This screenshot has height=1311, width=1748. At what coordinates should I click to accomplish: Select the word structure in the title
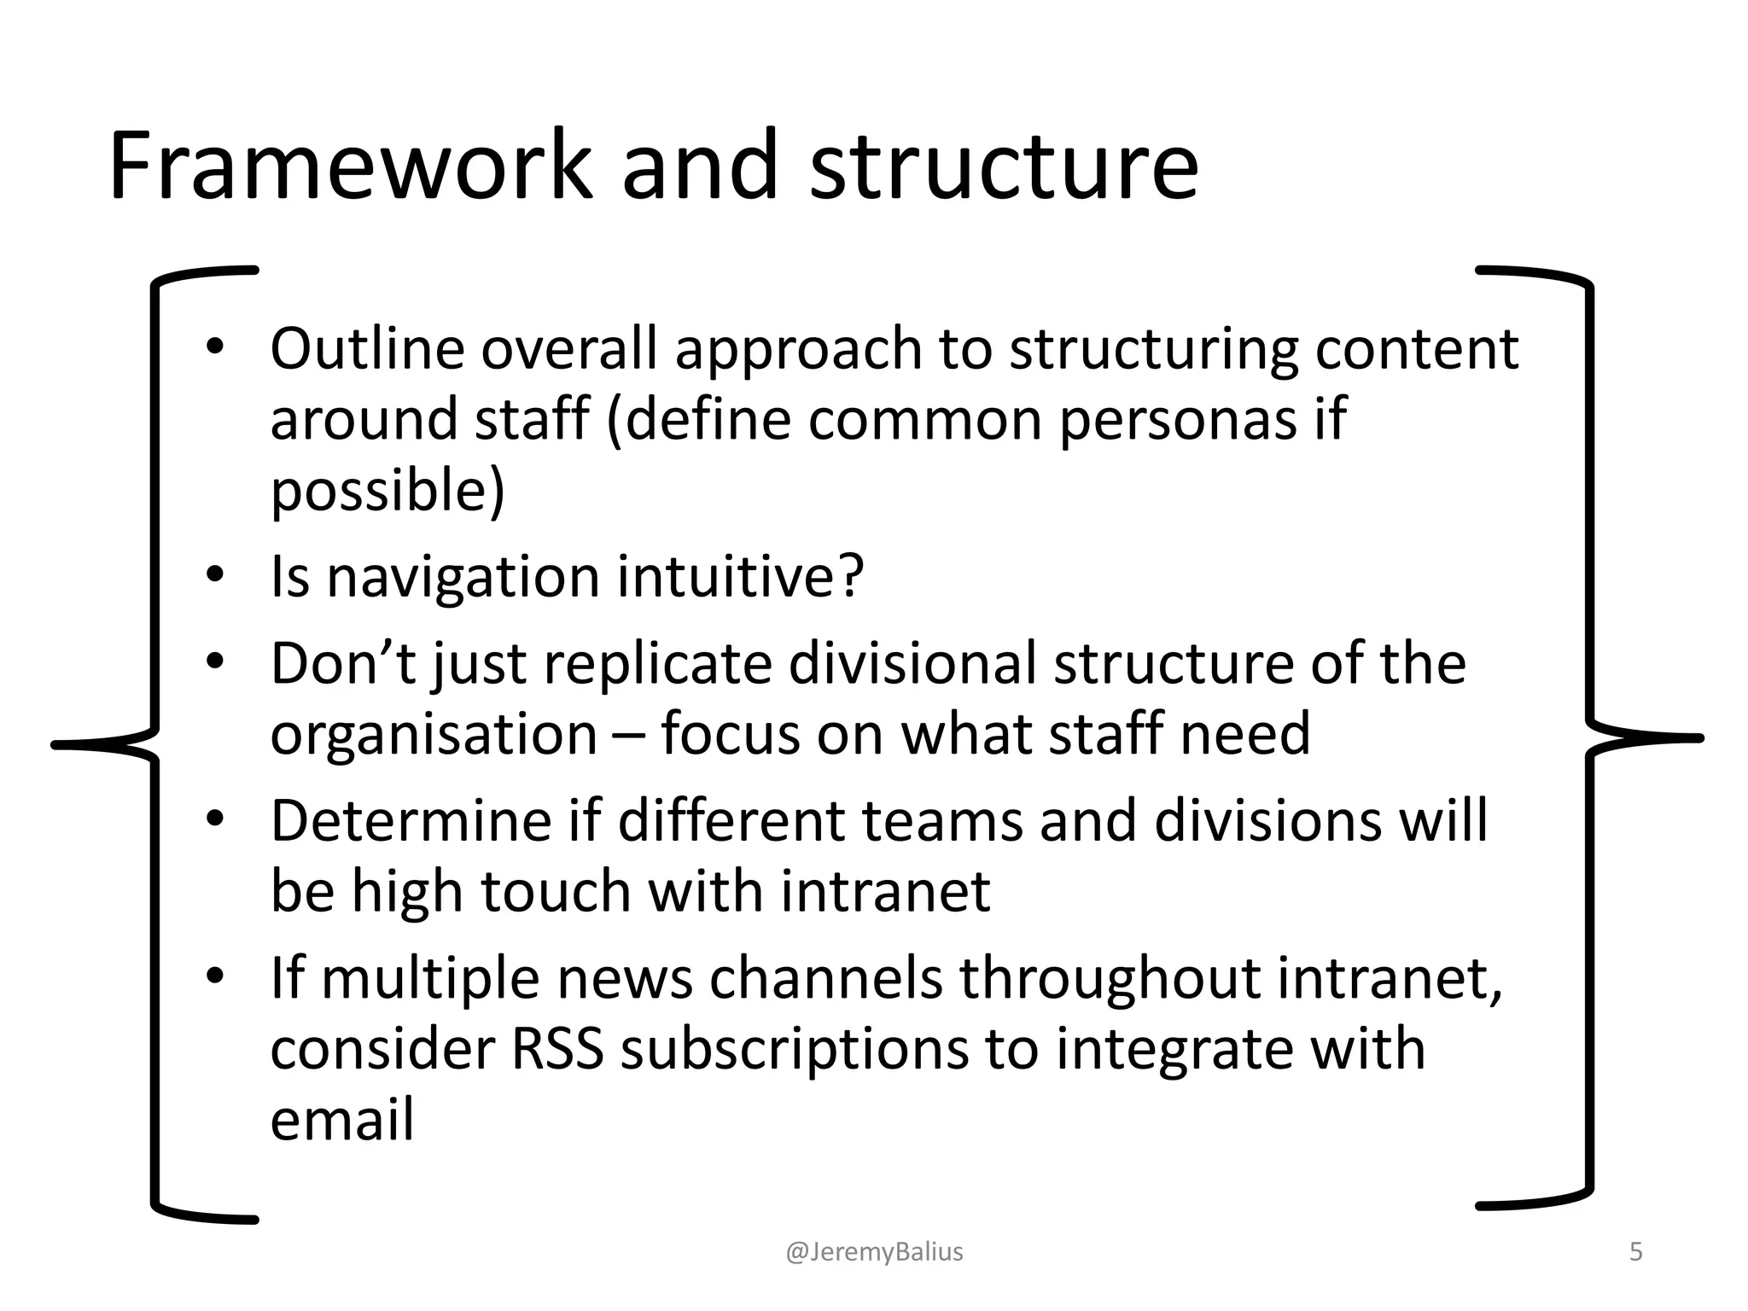(x=1004, y=166)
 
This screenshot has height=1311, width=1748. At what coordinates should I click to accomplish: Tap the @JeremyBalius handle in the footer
(x=874, y=1252)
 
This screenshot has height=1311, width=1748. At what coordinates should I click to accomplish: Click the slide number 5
(x=1635, y=1252)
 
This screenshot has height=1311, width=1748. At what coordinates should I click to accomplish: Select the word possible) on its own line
(x=387, y=492)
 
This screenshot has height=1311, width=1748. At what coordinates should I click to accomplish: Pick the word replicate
(x=656, y=663)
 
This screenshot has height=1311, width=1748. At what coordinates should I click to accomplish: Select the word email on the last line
(x=341, y=1120)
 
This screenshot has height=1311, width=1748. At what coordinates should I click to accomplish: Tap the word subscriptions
(x=795, y=1051)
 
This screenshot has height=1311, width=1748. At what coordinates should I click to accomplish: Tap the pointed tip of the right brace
(x=1698, y=738)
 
